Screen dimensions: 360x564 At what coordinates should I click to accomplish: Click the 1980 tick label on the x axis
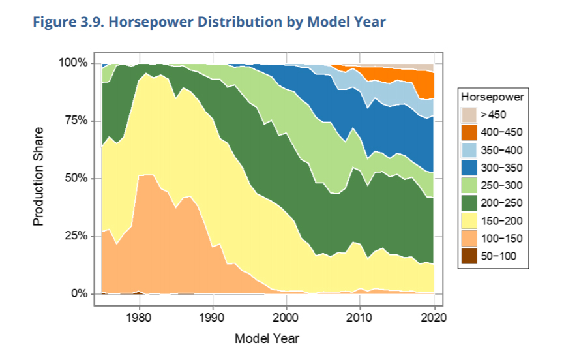pos(138,318)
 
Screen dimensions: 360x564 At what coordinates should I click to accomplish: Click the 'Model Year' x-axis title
pos(267,338)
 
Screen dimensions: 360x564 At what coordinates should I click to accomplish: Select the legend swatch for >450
pos(469,115)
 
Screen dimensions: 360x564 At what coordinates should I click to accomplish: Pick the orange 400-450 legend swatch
pos(469,132)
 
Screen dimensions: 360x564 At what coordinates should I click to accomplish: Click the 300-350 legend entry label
pos(501,168)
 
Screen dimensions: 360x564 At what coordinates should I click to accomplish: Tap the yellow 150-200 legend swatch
pos(469,220)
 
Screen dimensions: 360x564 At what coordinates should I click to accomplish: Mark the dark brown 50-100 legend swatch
pos(469,256)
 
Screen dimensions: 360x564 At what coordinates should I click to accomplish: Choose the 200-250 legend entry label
pos(501,203)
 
